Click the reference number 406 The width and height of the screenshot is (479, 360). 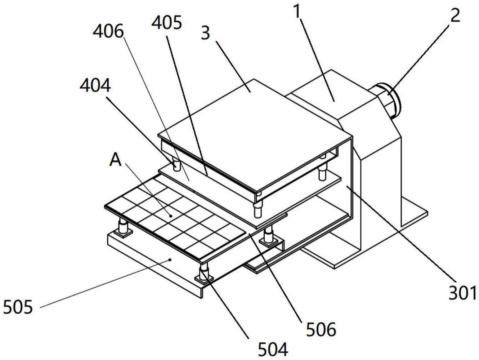108,32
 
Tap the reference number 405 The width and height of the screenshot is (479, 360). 166,23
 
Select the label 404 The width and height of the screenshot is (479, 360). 95,86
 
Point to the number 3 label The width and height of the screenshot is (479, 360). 205,34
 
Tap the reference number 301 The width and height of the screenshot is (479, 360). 462,293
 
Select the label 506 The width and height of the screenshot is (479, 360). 321,330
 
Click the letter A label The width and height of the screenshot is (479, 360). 115,160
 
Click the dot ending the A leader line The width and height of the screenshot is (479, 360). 171,216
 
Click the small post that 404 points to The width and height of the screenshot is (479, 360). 177,165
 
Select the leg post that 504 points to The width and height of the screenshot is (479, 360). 204,271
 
